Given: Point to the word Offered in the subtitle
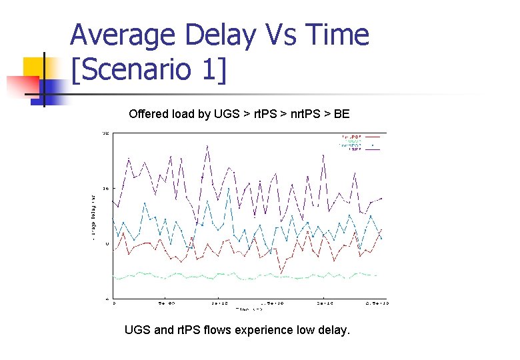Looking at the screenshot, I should pyautogui.click(x=149, y=114).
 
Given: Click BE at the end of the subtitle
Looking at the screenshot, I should pyautogui.click(x=341, y=114).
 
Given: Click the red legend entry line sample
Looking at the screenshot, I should pyautogui.click(x=373, y=136).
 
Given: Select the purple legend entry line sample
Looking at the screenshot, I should pyautogui.click(x=373, y=150).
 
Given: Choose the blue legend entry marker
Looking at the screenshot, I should pyautogui.click(x=373, y=145).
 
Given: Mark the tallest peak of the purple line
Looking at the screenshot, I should pyautogui.click(x=207, y=145).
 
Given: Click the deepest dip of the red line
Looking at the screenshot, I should pyautogui.click(x=281, y=273).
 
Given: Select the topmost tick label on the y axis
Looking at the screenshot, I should pyautogui.click(x=106, y=133).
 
